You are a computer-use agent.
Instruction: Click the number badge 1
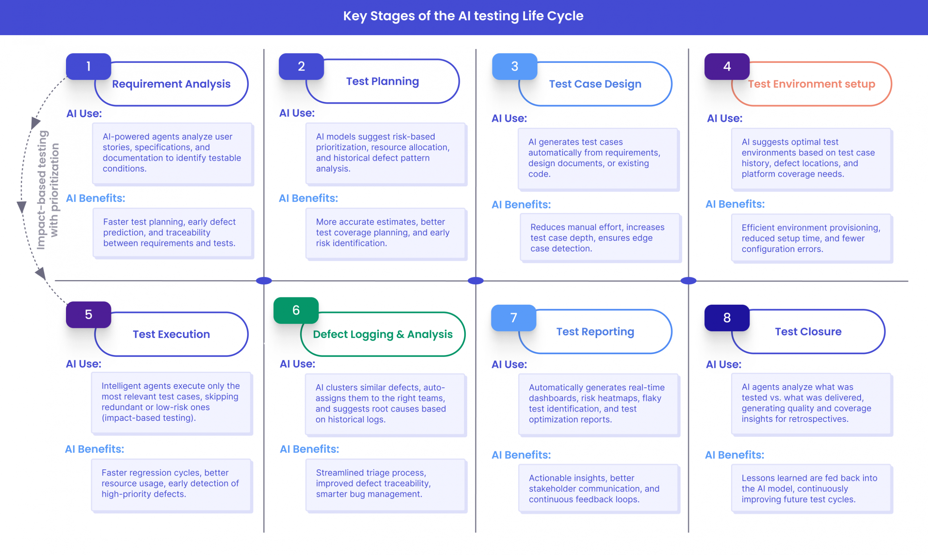pyautogui.click(x=88, y=67)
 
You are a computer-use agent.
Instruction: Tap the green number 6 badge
pyautogui.click(x=296, y=311)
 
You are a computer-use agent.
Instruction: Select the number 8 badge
pyautogui.click(x=727, y=318)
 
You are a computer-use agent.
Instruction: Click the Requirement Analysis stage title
pyautogui.click(x=171, y=84)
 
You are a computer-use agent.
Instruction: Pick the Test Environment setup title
pyautogui.click(x=811, y=84)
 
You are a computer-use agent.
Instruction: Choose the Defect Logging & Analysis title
pyautogui.click(x=383, y=334)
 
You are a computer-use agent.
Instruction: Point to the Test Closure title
pyautogui.click(x=808, y=332)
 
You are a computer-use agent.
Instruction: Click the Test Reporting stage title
pyautogui.click(x=595, y=332)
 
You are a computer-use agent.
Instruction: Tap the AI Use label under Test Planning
pyautogui.click(x=297, y=113)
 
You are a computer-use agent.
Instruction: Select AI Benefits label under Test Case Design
pyautogui.click(x=521, y=205)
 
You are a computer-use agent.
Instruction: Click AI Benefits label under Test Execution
pyautogui.click(x=95, y=449)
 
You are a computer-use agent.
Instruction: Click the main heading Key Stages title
pyautogui.click(x=463, y=16)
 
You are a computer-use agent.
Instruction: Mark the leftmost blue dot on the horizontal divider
pyautogui.click(x=264, y=280)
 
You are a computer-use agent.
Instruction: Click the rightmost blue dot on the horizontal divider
pyautogui.click(x=688, y=280)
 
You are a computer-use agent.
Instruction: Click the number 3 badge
pyautogui.click(x=515, y=67)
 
